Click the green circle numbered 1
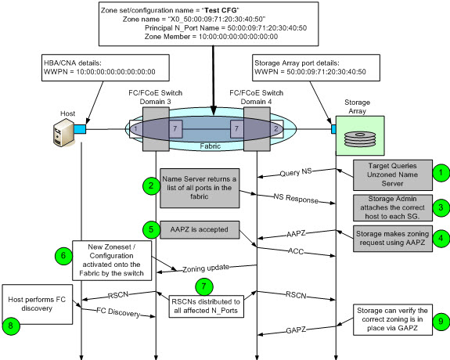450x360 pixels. point(441,173)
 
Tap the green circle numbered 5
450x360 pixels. point(151,229)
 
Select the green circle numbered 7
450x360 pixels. point(204,286)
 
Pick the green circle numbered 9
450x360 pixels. point(441,321)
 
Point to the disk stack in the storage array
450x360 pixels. point(360,139)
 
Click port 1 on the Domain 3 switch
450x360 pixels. point(136,129)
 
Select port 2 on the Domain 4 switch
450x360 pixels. point(276,129)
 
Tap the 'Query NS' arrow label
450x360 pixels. point(296,172)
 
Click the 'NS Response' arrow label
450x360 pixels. point(296,198)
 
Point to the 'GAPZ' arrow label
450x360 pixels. point(296,330)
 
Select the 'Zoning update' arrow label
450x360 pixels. point(206,268)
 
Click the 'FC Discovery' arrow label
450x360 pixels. point(118,312)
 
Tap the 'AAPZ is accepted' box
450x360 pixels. point(200,229)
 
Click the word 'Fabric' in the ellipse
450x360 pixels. point(211,146)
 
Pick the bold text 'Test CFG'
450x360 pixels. point(221,10)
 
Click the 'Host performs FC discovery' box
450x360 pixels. point(38,304)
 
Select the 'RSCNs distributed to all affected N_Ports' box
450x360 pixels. point(206,306)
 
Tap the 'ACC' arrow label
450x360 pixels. point(296,251)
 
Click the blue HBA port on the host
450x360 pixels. point(80,129)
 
